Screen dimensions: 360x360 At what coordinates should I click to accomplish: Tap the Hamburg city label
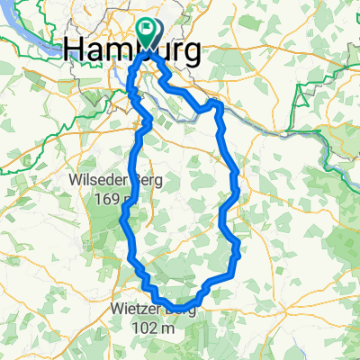point(133,51)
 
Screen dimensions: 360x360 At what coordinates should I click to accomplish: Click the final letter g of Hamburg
point(191,54)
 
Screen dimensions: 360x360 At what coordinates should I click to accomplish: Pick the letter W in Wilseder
point(75,179)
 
